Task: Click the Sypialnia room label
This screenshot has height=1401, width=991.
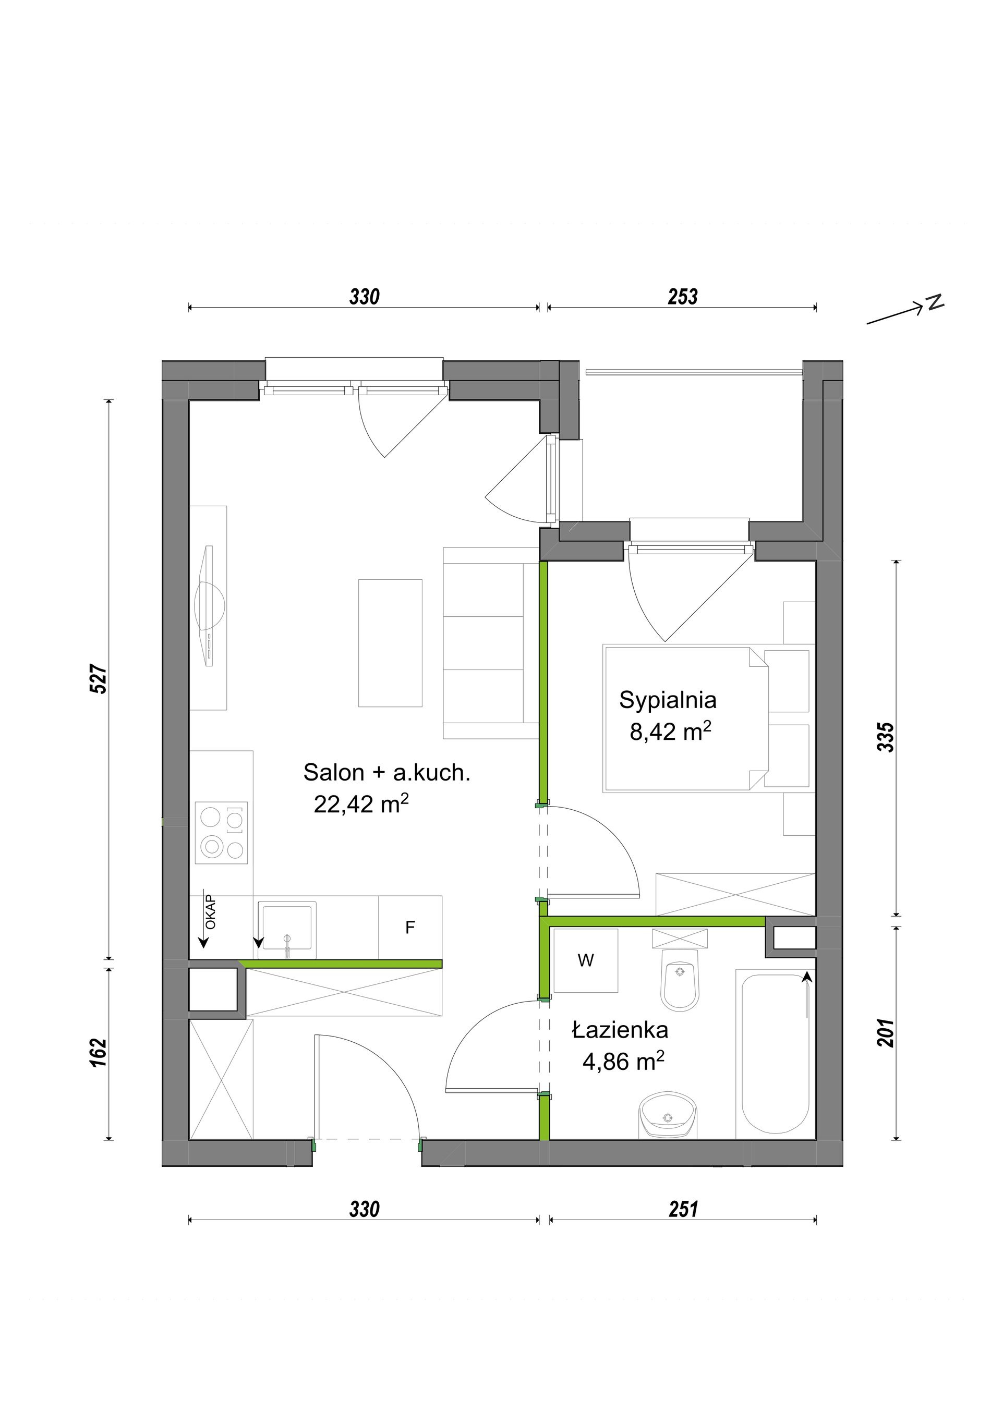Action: click(668, 701)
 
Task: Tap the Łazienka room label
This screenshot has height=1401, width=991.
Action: click(620, 1031)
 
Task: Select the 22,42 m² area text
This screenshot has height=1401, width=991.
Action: click(360, 804)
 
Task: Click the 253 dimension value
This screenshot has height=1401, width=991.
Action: click(682, 297)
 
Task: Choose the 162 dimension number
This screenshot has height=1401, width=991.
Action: click(99, 1053)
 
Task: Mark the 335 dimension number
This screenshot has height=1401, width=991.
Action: click(886, 737)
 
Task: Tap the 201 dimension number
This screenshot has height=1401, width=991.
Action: click(886, 1032)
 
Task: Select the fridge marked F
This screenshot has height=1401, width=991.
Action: click(410, 927)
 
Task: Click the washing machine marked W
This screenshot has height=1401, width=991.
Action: click(585, 960)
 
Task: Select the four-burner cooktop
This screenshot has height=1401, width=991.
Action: click(222, 832)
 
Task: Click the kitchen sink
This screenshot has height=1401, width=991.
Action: click(287, 929)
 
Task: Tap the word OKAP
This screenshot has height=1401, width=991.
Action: click(211, 911)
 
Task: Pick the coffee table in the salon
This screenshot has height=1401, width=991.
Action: click(390, 643)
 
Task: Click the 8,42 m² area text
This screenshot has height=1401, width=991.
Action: click(670, 731)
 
